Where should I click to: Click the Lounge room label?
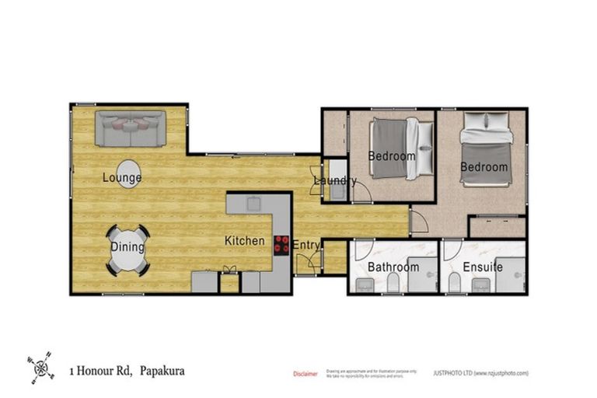(x=122, y=178)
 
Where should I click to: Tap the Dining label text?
(x=127, y=248)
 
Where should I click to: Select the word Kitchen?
(x=245, y=241)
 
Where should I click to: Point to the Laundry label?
(x=334, y=181)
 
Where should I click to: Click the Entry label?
(x=306, y=246)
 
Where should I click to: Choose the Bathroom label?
(x=393, y=267)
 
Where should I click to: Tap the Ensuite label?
(x=484, y=267)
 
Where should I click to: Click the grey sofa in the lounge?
(x=131, y=128)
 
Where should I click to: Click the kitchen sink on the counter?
(x=253, y=204)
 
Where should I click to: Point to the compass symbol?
(x=40, y=365)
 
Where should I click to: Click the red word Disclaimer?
(x=305, y=374)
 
